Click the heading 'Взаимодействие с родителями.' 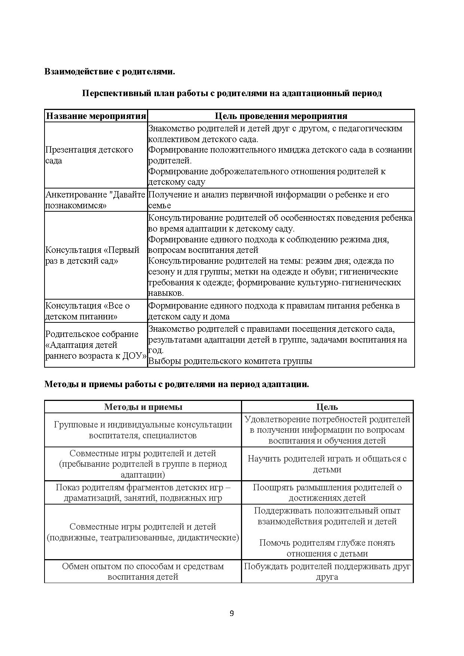coord(110,71)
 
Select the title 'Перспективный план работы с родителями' coord(232,93)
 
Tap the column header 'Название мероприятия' coord(96,116)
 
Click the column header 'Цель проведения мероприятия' coord(281,116)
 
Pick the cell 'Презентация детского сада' coord(89,155)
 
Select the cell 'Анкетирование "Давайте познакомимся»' coord(95,200)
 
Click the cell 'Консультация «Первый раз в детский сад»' coord(92,255)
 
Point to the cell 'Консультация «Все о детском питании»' coord(88,311)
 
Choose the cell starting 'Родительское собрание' coord(95,345)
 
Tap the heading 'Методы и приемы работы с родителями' coord(177,384)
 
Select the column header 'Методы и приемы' coord(143,407)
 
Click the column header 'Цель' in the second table coord(327,407)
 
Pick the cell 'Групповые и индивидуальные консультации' coord(143,430)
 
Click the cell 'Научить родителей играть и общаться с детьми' coord(327,464)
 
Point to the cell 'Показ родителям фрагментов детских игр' coord(143,493)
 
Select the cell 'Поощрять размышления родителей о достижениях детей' coord(327,493)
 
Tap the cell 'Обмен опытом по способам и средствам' coord(143,571)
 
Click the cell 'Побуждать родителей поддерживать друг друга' coord(327,571)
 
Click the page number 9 coord(232,613)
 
